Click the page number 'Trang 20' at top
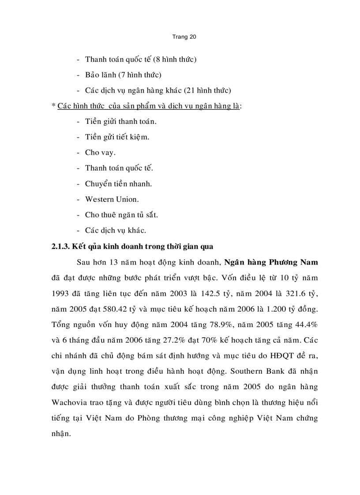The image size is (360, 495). point(184,37)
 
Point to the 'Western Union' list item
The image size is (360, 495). point(112,199)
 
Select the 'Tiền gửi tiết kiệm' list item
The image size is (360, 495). point(117,137)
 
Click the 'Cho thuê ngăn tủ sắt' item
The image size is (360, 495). point(121,215)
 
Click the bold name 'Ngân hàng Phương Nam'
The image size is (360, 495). point(271,262)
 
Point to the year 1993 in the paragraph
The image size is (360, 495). point(61,293)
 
